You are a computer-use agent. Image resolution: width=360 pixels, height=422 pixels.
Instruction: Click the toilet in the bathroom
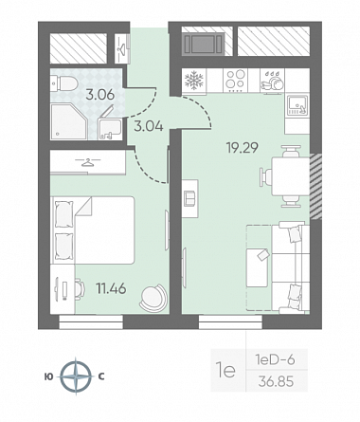click(64, 83)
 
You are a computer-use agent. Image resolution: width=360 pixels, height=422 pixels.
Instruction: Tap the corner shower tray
click(69, 121)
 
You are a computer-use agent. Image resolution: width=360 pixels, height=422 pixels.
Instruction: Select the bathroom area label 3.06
click(100, 95)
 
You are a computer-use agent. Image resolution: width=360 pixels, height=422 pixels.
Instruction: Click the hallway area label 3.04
click(149, 126)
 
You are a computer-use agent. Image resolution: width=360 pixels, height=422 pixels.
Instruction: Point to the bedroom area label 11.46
click(111, 288)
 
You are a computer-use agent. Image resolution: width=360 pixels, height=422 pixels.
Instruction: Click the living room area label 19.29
click(243, 147)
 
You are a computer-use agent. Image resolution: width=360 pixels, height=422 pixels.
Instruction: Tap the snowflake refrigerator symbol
click(193, 81)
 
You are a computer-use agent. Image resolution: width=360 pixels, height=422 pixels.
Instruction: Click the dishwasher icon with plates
click(272, 81)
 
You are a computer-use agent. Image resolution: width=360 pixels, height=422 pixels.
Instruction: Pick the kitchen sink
click(297, 104)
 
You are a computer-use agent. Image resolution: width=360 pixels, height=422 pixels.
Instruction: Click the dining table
click(290, 176)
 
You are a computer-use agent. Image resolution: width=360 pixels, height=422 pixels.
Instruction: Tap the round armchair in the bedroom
click(153, 297)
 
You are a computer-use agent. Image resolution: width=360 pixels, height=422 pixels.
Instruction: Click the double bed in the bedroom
click(93, 230)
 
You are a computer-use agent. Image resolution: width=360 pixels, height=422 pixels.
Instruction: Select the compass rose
click(76, 376)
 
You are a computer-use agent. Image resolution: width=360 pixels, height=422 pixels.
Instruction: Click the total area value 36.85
click(276, 381)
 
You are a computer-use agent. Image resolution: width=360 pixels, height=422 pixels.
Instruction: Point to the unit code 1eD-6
click(275, 359)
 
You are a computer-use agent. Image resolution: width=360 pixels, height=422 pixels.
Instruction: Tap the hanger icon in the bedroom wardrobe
click(87, 162)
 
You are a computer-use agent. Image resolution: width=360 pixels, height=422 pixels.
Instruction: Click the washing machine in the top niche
click(203, 45)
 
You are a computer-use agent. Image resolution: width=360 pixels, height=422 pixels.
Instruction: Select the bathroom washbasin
click(110, 129)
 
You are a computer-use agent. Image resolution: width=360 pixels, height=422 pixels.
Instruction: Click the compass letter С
click(101, 376)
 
